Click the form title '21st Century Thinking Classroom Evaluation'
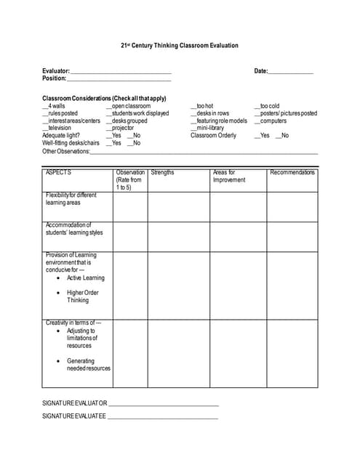click(180, 46)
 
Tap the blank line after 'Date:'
click(291, 72)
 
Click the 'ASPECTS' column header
click(59, 173)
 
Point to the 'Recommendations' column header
click(292, 173)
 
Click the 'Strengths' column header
click(163, 173)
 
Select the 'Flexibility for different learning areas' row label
click(71, 199)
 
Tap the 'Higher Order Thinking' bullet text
click(82, 296)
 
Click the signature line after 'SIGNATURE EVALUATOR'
click(164, 404)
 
